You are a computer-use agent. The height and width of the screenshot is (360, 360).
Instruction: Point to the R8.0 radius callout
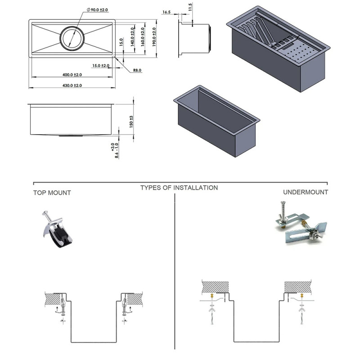click(x=137, y=70)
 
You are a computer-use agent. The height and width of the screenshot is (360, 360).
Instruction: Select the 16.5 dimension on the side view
click(x=167, y=13)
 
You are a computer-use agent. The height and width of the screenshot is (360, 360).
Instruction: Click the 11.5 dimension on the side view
click(x=190, y=8)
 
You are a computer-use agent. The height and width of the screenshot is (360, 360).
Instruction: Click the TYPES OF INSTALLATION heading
click(x=179, y=188)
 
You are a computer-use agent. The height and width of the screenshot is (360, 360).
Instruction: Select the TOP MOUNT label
click(x=52, y=193)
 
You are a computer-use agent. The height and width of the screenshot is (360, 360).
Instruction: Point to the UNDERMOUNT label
click(x=306, y=192)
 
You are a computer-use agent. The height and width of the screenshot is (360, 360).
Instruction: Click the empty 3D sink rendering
click(x=216, y=119)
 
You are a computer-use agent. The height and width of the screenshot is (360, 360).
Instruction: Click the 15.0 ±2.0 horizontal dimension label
click(x=101, y=66)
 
